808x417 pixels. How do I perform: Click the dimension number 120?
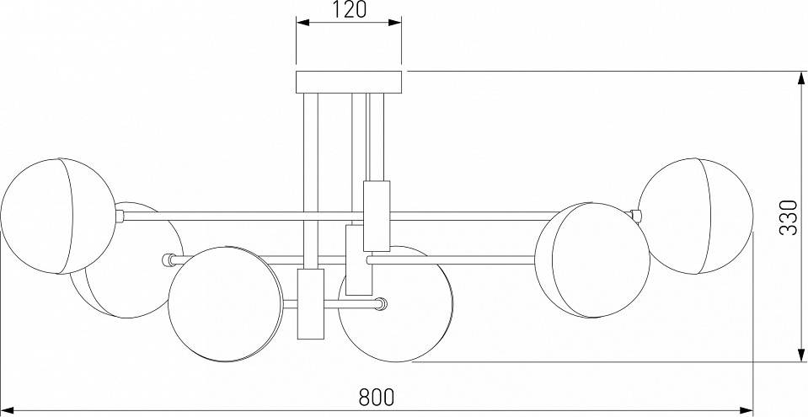(350, 9)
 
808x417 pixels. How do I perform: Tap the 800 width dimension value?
(376, 397)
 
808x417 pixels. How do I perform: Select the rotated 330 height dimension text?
(789, 217)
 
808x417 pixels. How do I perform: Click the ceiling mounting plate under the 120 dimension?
(349, 82)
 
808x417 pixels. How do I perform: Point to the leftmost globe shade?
(57, 216)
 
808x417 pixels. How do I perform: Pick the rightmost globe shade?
(696, 216)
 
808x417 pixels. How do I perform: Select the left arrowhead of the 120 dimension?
(302, 22)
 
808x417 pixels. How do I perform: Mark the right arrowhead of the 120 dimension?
(395, 22)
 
